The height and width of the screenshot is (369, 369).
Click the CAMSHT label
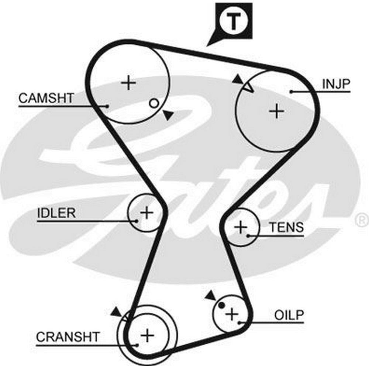pyautogui.click(x=46, y=98)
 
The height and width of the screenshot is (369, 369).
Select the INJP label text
pyautogui.click(x=336, y=84)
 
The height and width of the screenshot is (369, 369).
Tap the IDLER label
pyautogui.click(x=56, y=213)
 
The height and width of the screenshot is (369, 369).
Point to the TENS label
pyautogui.click(x=286, y=227)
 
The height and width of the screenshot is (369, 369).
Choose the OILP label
pyautogui.click(x=289, y=315)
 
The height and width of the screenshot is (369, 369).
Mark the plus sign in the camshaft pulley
pyautogui.click(x=129, y=83)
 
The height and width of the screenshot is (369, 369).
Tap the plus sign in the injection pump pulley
pyautogui.click(x=276, y=111)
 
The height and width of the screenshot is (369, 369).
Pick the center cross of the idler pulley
pyautogui.click(x=147, y=213)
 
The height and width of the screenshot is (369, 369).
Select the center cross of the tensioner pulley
pyautogui.click(x=241, y=227)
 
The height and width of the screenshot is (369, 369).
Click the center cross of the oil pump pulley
pyautogui.click(x=232, y=314)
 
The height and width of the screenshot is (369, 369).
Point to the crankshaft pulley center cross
pyautogui.click(x=147, y=335)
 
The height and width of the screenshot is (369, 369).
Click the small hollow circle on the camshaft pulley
pyautogui.click(x=154, y=103)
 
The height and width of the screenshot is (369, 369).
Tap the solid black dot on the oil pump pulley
pyautogui.click(x=221, y=305)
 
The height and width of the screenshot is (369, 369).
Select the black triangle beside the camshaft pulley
pyautogui.click(x=168, y=115)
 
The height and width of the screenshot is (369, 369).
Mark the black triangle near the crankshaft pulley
pyautogui.click(x=116, y=312)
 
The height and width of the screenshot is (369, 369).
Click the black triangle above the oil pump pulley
pyautogui.click(x=211, y=295)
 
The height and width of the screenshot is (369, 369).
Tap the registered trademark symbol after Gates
pyautogui.click(x=361, y=220)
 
